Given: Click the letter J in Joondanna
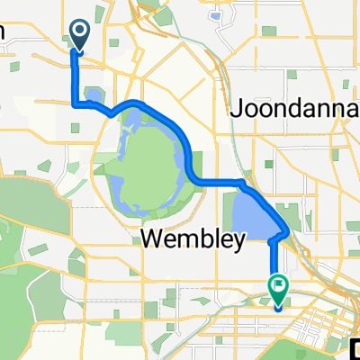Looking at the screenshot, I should pyautogui.click(x=238, y=110).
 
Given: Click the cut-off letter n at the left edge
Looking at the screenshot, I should pyautogui.click(x=3, y=32).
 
